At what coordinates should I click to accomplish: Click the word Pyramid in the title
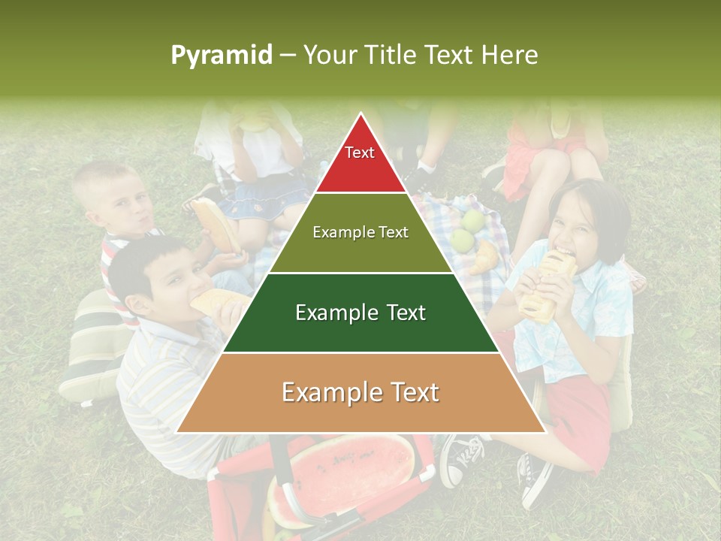[x=221, y=55]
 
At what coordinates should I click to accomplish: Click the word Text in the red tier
[x=360, y=153]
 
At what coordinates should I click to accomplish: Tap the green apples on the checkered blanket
[x=467, y=229]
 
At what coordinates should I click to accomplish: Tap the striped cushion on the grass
[x=94, y=346]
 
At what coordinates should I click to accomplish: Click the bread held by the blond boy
[x=215, y=225]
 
